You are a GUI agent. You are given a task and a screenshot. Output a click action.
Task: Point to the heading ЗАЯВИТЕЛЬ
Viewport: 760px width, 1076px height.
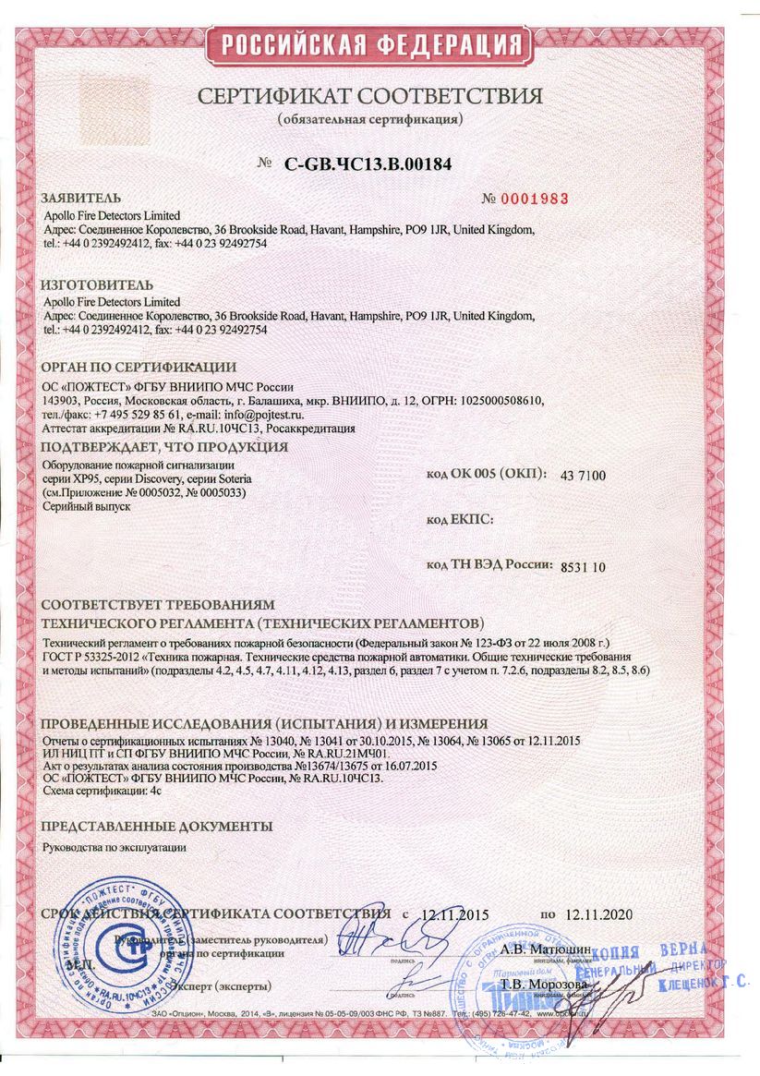click(81, 199)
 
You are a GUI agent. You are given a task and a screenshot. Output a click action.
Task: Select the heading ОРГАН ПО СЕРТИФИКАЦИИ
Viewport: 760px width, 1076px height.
click(139, 368)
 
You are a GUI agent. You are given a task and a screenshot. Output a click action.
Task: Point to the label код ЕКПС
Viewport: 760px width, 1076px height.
click(460, 520)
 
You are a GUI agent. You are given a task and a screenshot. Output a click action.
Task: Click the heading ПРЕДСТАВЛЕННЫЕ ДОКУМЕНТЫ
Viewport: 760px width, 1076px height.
click(157, 825)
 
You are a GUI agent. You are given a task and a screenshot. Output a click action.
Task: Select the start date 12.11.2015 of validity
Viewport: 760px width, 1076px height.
click(454, 915)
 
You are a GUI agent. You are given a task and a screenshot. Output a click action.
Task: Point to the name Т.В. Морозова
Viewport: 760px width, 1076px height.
click(533, 985)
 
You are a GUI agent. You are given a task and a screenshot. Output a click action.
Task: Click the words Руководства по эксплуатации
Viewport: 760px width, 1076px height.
click(115, 846)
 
